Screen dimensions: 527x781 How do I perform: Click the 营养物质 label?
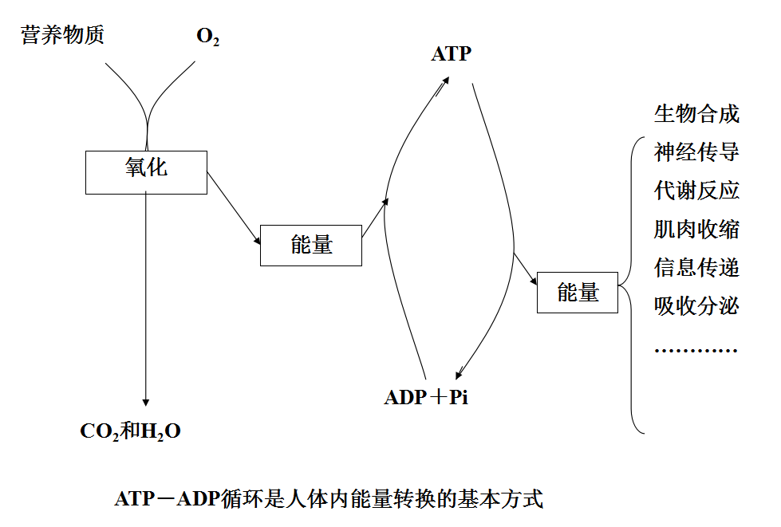click(x=63, y=35)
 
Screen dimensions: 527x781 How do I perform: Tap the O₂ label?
click(x=207, y=37)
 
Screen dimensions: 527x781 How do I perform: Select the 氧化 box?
click(x=146, y=171)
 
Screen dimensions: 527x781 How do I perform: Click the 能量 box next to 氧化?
click(x=311, y=246)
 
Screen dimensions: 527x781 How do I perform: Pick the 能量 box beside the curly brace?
click(x=578, y=293)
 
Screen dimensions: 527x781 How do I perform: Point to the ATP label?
click(x=452, y=54)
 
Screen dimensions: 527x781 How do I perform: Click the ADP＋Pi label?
click(x=426, y=397)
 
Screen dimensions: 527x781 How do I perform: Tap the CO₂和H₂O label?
click(x=131, y=431)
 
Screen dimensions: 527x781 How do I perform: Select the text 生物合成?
click(x=696, y=113)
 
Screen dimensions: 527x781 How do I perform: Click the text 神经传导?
click(x=696, y=151)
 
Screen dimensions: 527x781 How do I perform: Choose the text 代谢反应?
click(x=696, y=190)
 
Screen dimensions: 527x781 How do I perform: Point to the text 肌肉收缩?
click(x=696, y=229)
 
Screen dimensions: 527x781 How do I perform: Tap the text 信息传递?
click(x=696, y=267)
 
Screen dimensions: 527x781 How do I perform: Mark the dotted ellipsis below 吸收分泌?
click(x=696, y=349)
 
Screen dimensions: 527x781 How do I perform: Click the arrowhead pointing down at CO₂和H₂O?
click(x=146, y=401)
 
